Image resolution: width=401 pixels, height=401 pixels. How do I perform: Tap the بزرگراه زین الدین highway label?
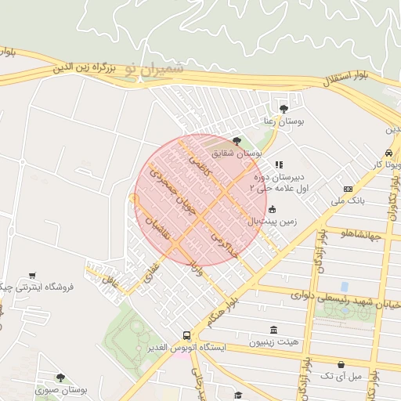click(85, 68)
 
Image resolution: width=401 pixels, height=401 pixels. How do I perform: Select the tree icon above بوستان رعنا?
click(283, 108)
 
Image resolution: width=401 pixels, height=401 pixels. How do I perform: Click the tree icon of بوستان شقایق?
click(237, 141)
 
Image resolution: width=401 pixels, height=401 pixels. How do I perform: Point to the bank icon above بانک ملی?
click(348, 189)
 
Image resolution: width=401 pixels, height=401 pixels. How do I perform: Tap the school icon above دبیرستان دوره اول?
click(278, 165)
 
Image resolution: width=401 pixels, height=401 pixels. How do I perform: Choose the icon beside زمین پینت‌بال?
click(272, 209)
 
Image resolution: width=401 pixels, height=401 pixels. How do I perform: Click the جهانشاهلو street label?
click(372, 233)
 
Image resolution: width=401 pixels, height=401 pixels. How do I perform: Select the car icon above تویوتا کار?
click(388, 153)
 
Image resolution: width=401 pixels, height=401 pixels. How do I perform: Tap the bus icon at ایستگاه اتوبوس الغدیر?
click(186, 333)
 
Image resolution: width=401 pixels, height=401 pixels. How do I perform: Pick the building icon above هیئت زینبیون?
click(273, 330)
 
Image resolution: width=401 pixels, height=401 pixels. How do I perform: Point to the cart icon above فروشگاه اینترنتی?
click(31, 275)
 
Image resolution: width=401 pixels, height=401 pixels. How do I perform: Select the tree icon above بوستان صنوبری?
click(60, 378)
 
